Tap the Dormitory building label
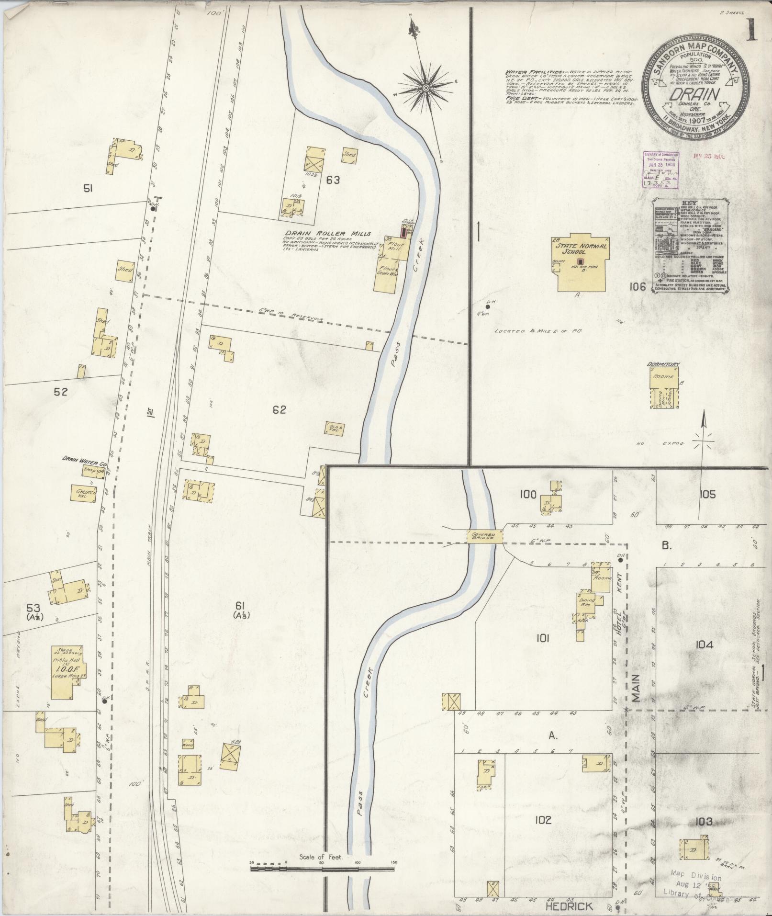(663, 364)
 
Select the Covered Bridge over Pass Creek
(485, 536)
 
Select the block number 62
(279, 409)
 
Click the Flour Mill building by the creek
(396, 249)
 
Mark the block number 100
(528, 494)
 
